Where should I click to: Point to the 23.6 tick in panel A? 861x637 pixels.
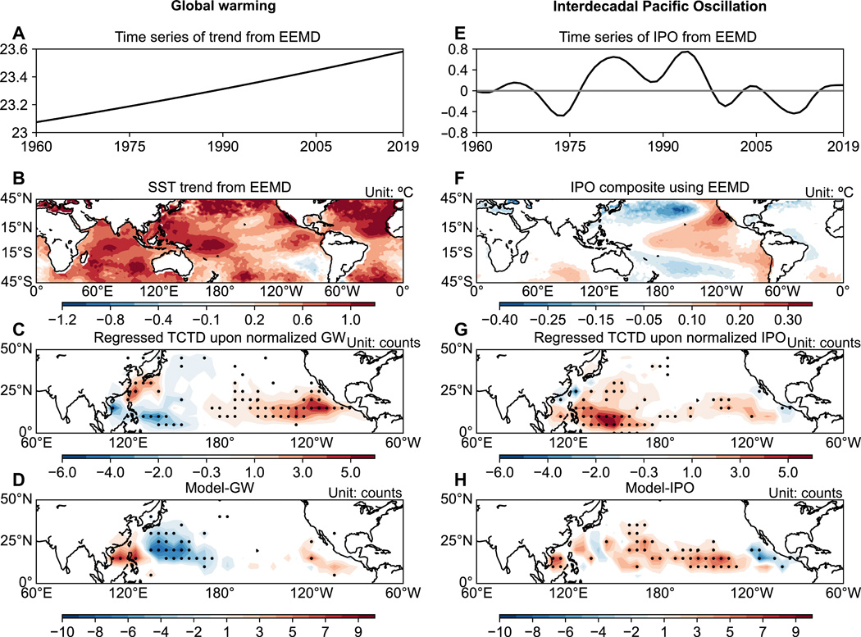17,49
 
